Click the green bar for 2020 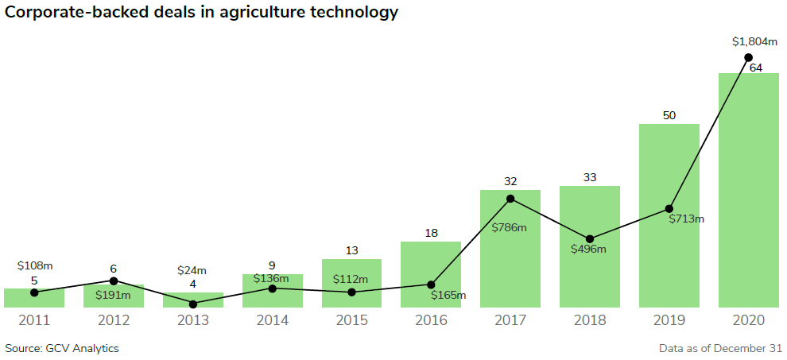click(x=748, y=191)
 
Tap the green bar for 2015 click(x=351, y=283)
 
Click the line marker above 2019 click(x=669, y=209)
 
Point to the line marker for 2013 click(x=193, y=304)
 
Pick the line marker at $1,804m click(x=748, y=57)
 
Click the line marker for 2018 click(x=590, y=238)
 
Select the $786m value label click(x=509, y=227)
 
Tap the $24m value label click(x=192, y=270)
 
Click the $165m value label click(x=448, y=296)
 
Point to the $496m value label click(x=588, y=249)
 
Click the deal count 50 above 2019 click(x=669, y=115)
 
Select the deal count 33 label click(x=590, y=177)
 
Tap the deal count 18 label click(x=431, y=233)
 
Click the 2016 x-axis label click(x=431, y=320)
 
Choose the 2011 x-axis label click(x=34, y=320)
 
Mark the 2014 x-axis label click(x=272, y=320)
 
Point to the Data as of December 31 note click(x=720, y=348)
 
